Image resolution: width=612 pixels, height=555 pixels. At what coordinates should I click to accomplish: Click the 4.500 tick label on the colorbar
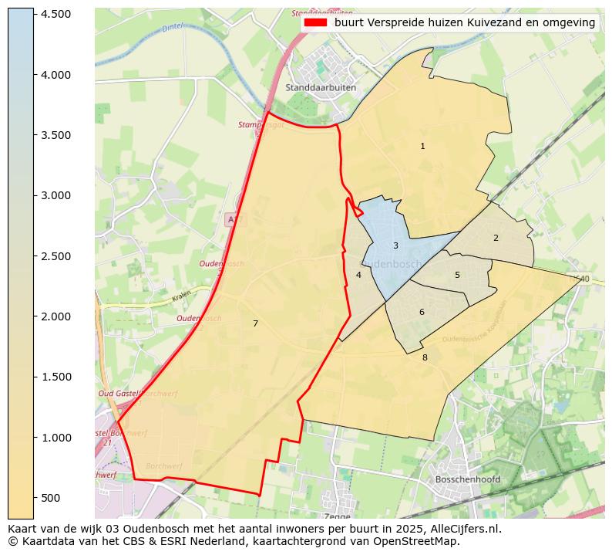pos(55,15)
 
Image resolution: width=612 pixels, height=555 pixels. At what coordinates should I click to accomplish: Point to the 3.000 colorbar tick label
pos(55,196)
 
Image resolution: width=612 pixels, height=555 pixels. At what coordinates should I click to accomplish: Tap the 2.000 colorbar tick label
pos(55,316)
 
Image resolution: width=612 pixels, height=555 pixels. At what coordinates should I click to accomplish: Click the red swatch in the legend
pos(316,23)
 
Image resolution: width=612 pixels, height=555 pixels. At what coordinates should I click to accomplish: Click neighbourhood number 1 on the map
pos(422,146)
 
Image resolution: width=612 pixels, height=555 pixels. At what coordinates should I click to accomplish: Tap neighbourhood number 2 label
pos(496,238)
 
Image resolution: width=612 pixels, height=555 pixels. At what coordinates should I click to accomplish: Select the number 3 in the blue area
pos(395,246)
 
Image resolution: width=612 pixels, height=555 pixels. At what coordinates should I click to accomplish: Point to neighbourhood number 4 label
pos(358,275)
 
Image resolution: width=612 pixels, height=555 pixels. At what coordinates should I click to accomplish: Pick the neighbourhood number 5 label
pos(457,275)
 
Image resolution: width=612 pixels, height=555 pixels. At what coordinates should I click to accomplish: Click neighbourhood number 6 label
pos(422,312)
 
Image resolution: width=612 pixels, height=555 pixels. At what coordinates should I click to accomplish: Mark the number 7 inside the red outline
pos(255,323)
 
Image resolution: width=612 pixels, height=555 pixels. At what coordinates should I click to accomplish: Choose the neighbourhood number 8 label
pos(425,357)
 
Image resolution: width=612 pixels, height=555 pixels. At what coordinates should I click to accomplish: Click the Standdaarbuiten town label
pos(321,88)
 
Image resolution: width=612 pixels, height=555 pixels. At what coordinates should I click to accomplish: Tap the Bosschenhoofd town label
pos(467,479)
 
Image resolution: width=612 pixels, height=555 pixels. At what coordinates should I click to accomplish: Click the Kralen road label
pos(181,296)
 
